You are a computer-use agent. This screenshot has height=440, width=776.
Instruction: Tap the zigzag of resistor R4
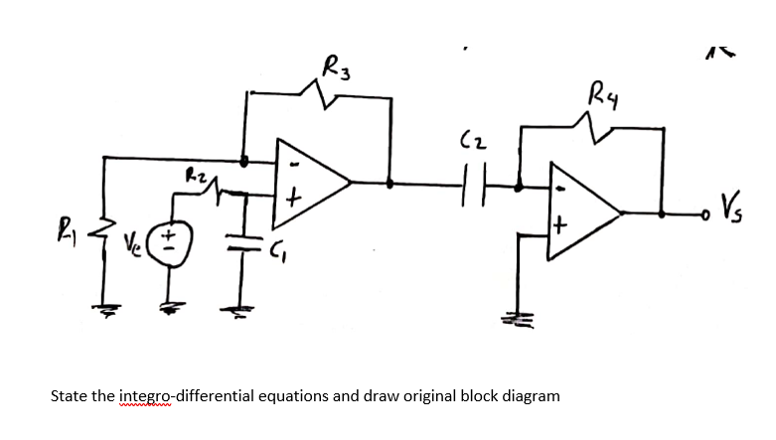(587, 122)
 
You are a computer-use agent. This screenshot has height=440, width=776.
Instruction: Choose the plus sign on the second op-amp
(559, 226)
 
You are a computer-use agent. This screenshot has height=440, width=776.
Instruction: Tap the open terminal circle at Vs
(704, 212)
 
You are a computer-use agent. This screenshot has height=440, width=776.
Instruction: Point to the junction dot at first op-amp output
(390, 183)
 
